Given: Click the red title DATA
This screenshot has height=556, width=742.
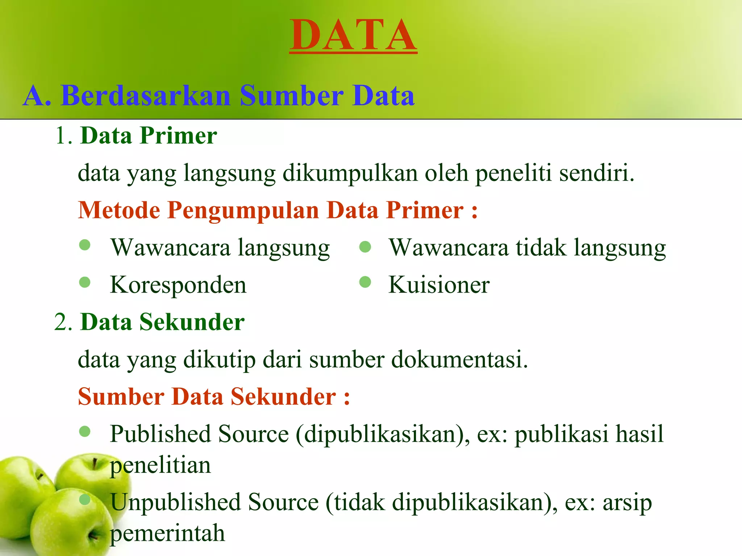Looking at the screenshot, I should [353, 35].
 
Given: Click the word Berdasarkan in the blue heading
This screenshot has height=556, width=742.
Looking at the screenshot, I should [146, 96].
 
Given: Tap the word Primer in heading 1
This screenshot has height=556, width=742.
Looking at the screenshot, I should [178, 136].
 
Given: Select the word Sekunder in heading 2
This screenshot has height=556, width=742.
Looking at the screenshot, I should [192, 322].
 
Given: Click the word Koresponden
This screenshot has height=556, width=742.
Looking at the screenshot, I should [178, 285].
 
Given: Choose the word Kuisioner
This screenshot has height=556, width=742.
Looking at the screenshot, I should [439, 285].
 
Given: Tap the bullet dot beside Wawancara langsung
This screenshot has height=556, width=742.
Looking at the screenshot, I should [85, 245].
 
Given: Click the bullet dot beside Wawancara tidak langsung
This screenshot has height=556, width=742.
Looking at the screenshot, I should [365, 247].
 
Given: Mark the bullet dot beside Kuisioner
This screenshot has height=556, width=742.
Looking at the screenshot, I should [365, 282].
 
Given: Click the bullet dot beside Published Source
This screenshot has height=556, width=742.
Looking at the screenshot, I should [85, 431].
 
